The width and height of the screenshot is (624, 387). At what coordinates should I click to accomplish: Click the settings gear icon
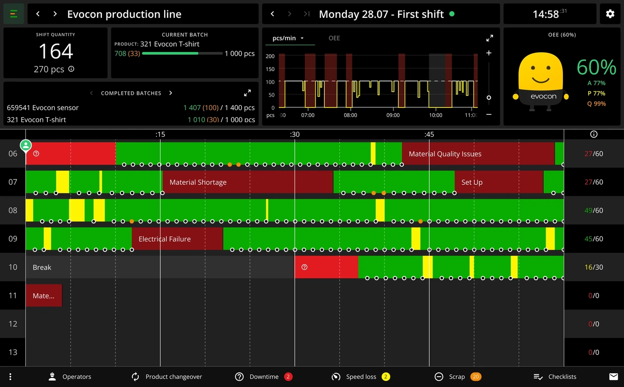click(x=610, y=14)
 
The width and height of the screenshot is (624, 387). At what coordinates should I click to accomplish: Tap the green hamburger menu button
click(x=14, y=14)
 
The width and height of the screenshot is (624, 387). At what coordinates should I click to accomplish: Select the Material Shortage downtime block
click(x=248, y=182)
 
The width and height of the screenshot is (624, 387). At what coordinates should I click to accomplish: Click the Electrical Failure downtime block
click(x=177, y=239)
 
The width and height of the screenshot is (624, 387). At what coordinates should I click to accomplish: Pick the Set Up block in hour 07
click(x=499, y=182)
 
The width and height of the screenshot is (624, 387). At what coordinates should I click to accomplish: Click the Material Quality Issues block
click(x=478, y=153)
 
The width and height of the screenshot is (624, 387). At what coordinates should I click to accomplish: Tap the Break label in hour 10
click(x=42, y=267)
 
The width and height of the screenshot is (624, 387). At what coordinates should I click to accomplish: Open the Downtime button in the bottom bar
click(x=263, y=377)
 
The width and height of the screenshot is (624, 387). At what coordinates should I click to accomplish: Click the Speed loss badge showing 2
click(x=386, y=377)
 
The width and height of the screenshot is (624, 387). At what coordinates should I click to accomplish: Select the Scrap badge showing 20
click(x=476, y=377)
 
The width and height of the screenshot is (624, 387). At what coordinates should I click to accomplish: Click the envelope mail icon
click(x=613, y=377)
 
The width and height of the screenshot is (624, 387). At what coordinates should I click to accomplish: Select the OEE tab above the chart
click(x=334, y=38)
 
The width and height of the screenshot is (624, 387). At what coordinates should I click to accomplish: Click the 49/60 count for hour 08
click(x=594, y=210)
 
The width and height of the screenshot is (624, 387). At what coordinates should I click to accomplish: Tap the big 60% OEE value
click(x=596, y=67)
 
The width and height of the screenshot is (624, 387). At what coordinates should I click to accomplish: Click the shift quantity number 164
click(x=56, y=51)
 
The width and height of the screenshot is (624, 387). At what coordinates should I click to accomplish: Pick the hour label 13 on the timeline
click(x=13, y=352)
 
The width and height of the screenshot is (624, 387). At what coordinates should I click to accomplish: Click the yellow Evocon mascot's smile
click(x=540, y=80)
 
